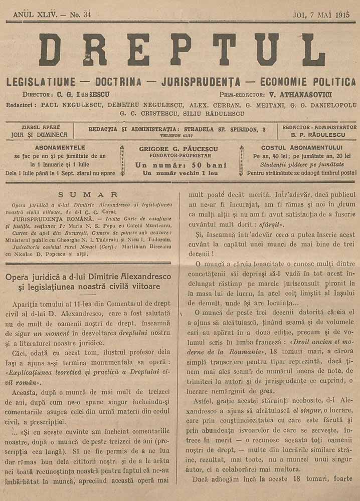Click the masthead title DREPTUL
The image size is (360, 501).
182,50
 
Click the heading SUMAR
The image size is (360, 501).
88,194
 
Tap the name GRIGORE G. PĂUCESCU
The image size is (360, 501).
182,148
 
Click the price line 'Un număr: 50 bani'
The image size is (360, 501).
181,165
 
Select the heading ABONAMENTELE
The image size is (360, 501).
60,148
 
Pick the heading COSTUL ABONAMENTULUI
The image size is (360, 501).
302,148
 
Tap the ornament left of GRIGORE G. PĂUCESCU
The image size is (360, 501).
121,160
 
